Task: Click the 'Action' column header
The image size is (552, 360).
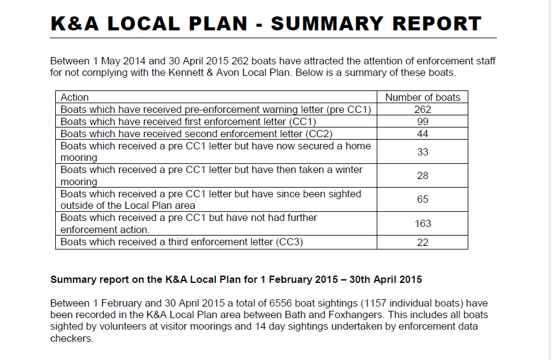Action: [x=75, y=97]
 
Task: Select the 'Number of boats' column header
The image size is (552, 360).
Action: [x=423, y=97]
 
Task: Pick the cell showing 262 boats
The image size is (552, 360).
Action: [x=423, y=109]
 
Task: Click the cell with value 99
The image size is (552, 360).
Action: [x=423, y=121]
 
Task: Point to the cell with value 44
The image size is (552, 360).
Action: [x=423, y=134]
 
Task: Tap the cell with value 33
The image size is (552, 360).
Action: [x=423, y=152]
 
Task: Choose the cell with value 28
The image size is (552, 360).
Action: [x=423, y=175]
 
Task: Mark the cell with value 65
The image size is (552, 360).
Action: [x=423, y=199]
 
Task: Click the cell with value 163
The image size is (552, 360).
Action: [x=423, y=223]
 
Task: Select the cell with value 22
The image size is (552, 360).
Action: [x=423, y=242]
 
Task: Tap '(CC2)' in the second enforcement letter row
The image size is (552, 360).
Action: [x=319, y=134]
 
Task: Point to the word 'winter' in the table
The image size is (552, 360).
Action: [x=348, y=170]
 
